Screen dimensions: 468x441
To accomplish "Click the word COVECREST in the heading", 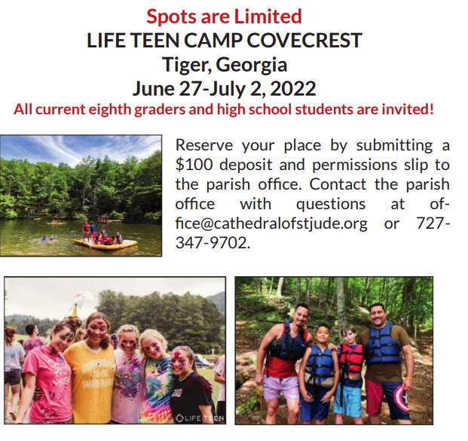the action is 304,40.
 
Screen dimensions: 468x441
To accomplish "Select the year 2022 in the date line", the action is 292,89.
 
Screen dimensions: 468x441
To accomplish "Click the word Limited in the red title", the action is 268,17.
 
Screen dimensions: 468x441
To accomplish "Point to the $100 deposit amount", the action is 194,165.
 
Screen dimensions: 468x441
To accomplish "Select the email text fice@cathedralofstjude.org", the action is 271,224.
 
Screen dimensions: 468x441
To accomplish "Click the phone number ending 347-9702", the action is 213,242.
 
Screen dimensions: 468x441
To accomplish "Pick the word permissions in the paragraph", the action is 355,166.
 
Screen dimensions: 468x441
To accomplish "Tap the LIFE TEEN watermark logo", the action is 200,418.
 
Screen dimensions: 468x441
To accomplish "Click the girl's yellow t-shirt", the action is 89,382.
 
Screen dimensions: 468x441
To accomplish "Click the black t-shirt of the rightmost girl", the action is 192,394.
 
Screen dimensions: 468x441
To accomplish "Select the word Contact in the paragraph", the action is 338,184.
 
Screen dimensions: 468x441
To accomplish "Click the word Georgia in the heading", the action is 251,65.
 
